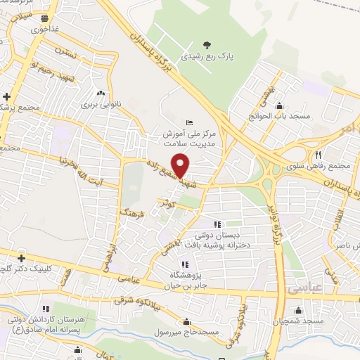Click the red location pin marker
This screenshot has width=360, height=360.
click(181, 165)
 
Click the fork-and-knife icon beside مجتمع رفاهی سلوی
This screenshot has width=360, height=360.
click(318, 155)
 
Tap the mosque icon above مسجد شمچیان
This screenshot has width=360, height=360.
click(299, 310)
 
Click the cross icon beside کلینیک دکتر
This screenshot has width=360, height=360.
click(21, 258)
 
